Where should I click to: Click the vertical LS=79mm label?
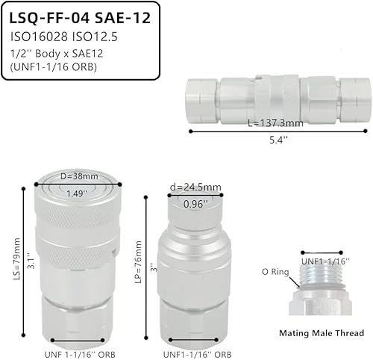16,252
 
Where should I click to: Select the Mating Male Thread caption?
321,333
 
